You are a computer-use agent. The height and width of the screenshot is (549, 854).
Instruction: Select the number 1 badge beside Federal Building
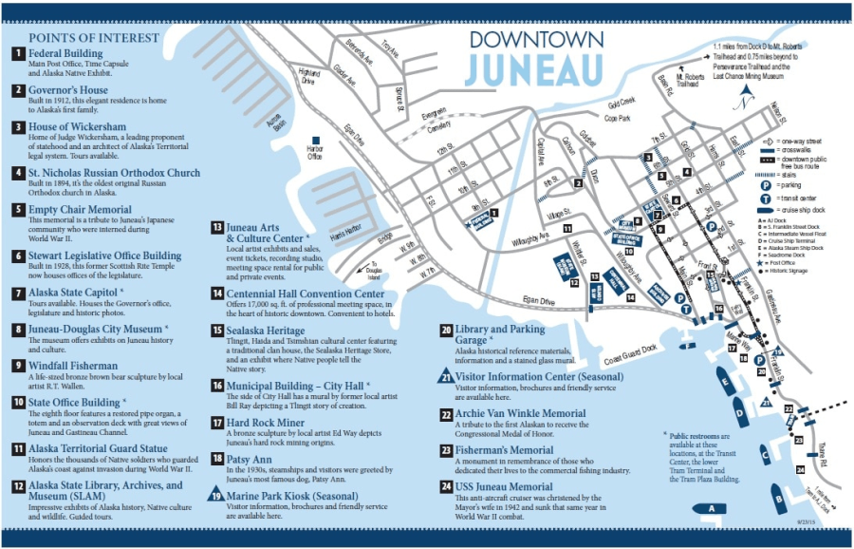pos(17,53)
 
